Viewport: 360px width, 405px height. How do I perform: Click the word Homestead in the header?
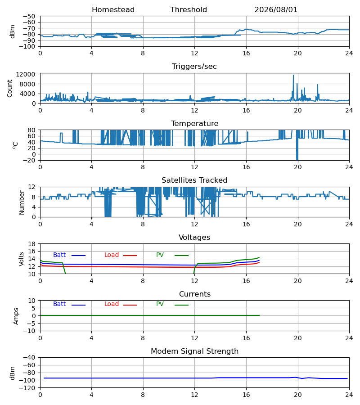click(113, 10)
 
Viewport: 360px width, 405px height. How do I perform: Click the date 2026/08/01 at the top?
click(276, 10)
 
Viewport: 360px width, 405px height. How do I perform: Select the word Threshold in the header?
click(189, 10)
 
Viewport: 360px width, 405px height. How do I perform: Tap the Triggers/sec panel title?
click(194, 67)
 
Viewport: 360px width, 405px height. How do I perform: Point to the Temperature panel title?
click(194, 123)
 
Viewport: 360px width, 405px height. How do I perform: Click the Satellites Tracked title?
click(194, 180)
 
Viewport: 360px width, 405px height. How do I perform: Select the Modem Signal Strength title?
click(194, 351)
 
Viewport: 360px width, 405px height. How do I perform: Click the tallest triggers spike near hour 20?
click(293, 76)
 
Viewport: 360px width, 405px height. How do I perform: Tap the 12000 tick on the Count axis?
click(26, 74)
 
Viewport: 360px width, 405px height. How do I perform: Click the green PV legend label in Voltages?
click(160, 255)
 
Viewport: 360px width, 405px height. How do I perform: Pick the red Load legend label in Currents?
click(112, 304)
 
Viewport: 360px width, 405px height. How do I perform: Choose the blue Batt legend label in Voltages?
click(59, 255)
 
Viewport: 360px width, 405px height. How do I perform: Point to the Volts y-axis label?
click(21, 259)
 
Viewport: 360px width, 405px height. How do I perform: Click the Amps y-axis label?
click(16, 316)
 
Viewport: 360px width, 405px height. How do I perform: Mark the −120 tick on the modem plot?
click(29, 388)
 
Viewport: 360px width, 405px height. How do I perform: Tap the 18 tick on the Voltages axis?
click(32, 244)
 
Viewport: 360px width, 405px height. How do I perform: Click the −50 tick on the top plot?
click(29, 16)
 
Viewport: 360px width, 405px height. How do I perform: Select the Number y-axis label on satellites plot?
click(22, 202)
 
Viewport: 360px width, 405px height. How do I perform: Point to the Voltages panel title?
click(194, 237)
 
